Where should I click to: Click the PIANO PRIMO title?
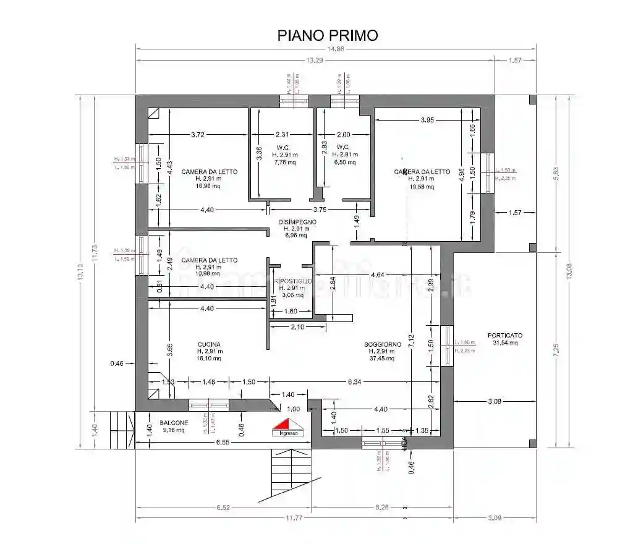[x=327, y=35]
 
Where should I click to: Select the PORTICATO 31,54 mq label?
[x=504, y=339]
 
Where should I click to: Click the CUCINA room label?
[x=209, y=351]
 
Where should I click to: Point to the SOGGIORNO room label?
[x=383, y=351]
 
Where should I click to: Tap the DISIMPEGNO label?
[x=297, y=228]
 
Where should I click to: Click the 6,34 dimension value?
[x=355, y=382]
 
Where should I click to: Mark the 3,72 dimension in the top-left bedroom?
[x=198, y=134]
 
